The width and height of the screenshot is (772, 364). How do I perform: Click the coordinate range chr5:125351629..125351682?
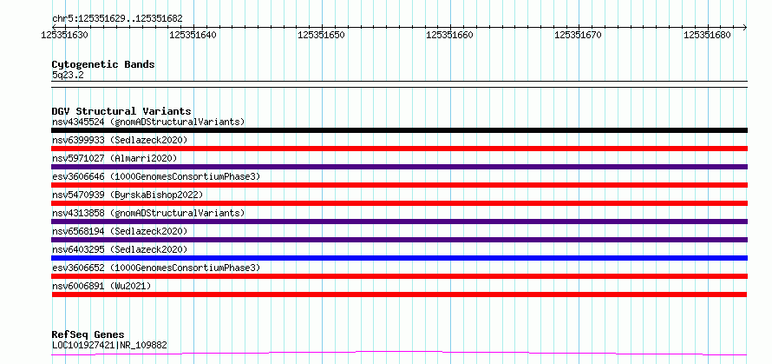coord(117,18)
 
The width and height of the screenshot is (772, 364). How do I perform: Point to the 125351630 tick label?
coord(65,35)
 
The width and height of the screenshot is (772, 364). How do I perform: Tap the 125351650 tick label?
coord(322,35)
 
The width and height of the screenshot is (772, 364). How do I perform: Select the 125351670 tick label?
coord(578,35)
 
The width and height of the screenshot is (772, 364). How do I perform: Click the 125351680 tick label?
coord(707,35)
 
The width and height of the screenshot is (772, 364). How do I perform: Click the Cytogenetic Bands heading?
coord(103,64)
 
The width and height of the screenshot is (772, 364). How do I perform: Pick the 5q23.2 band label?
coord(69,76)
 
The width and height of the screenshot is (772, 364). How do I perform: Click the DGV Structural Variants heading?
coord(121,111)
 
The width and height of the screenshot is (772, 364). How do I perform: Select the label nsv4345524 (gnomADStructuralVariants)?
coord(148,122)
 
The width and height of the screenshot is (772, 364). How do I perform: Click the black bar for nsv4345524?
coord(399,130)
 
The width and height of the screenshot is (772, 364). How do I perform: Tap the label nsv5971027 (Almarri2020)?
coord(114,158)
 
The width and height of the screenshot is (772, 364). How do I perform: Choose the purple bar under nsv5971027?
coord(399,167)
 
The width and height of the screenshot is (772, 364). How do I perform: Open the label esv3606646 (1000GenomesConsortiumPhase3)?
coord(156,176)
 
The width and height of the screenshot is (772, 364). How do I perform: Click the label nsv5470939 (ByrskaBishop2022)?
coord(128,195)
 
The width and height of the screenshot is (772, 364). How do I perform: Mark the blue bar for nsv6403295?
coord(399,258)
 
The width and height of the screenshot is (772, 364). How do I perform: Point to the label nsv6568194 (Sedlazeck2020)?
coord(120,231)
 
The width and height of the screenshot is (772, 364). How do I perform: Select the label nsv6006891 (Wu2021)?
coord(101,286)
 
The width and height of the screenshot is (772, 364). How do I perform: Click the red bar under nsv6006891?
coord(399,295)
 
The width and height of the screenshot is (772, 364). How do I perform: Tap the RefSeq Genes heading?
coord(88,335)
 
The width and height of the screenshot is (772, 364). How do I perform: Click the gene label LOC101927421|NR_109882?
coord(109,345)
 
